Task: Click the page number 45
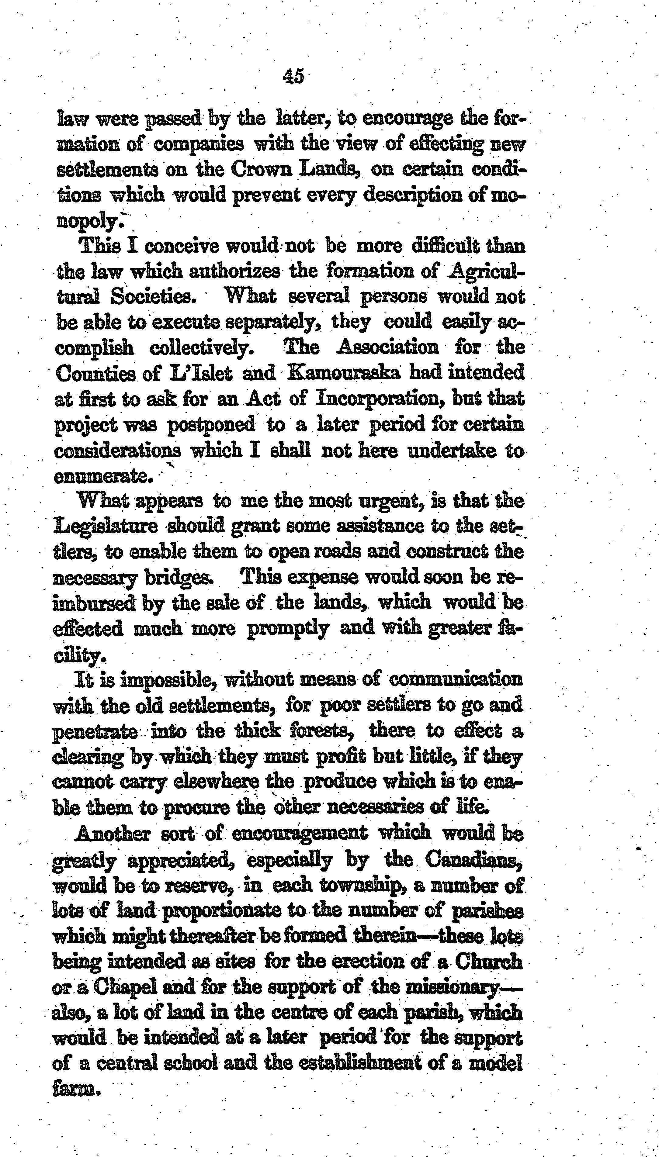293,76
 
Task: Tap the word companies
199,145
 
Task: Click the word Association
387,347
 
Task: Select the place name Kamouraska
344,374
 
